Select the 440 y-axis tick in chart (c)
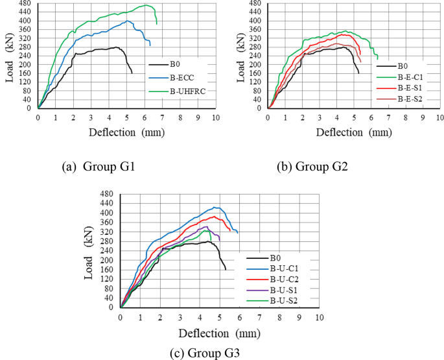click(x=108, y=204)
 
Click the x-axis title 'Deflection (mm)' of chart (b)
click(x=359, y=132)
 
